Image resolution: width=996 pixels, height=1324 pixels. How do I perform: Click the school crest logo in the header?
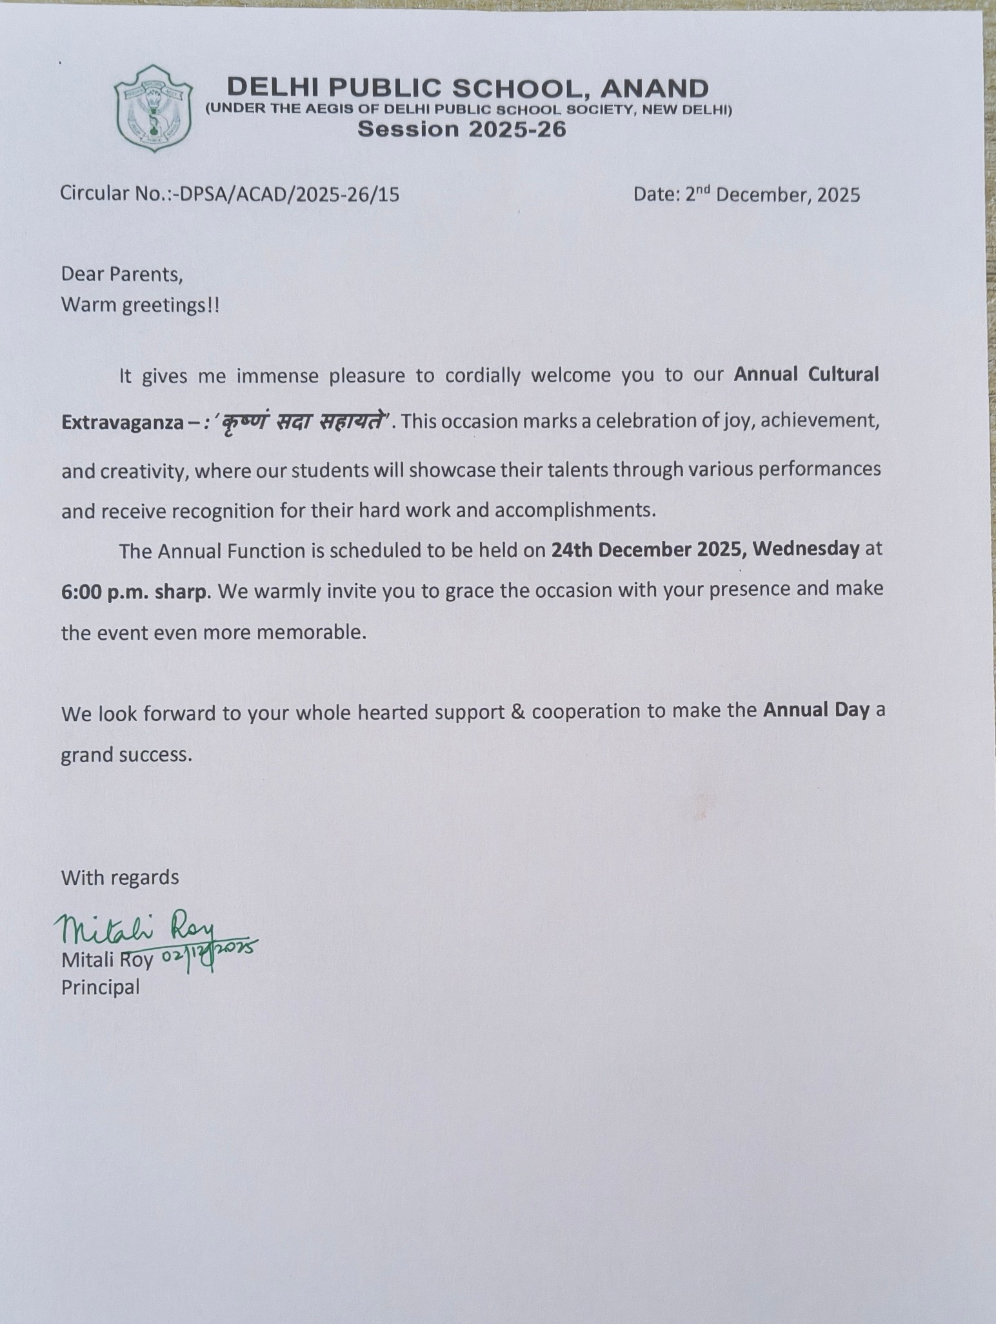point(153,108)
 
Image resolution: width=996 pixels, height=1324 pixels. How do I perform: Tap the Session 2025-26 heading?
point(462,130)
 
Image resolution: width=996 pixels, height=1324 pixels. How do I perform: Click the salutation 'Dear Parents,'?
point(122,274)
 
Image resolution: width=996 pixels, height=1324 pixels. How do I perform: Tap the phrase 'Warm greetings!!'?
point(140,305)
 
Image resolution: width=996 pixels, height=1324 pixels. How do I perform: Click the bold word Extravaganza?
point(119,422)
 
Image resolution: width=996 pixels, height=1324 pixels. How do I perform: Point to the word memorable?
point(312,633)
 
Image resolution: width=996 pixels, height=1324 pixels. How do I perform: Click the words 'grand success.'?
point(126,755)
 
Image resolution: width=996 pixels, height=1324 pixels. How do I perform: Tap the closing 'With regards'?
point(120,878)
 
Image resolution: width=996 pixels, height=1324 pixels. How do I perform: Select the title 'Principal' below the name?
point(100,987)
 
